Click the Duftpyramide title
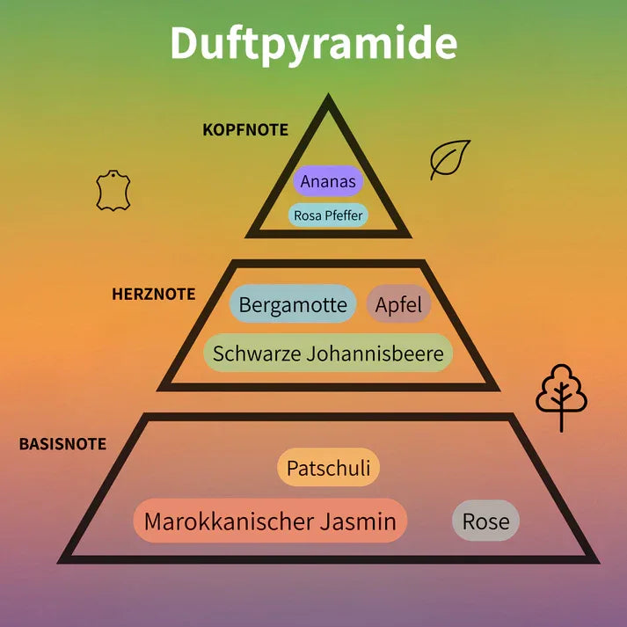click(x=313, y=43)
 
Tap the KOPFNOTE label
click(x=245, y=129)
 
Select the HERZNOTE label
click(x=153, y=294)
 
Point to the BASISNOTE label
click(x=62, y=444)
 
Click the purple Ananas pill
click(x=328, y=182)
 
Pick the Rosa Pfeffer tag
click(x=328, y=215)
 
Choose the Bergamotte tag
click(x=293, y=305)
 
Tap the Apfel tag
click(x=398, y=305)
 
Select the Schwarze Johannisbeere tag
click(x=329, y=354)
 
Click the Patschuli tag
click(x=328, y=467)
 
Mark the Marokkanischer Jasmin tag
click(x=270, y=521)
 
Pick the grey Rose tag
click(x=485, y=521)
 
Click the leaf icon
click(x=449, y=159)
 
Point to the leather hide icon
click(x=113, y=191)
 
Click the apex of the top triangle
click(x=329, y=98)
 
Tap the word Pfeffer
click(x=345, y=215)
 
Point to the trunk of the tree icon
click(x=561, y=420)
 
